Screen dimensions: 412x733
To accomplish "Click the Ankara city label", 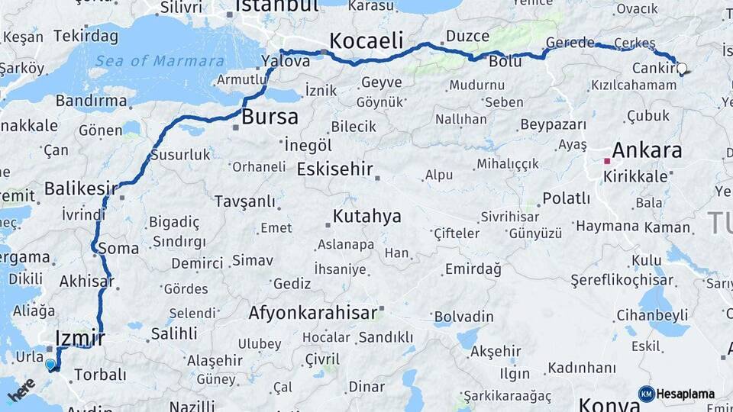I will tap(647, 150).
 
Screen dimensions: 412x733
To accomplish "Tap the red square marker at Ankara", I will tap(607, 161).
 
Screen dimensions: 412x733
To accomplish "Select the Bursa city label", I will tap(270, 117).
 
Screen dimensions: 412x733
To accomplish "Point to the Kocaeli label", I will tap(366, 40).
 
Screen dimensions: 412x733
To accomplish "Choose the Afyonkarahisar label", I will tap(313, 312).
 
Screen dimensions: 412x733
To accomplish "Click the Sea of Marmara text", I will tap(160, 61).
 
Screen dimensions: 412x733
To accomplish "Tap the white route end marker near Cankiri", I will tap(682, 68).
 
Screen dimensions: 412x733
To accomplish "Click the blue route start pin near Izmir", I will tap(50, 364).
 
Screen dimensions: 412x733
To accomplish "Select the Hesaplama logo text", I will tap(686, 394).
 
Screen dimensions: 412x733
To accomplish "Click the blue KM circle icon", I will tap(646, 394).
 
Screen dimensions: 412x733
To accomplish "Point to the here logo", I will tap(21, 389).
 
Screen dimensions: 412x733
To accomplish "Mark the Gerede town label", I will tap(569, 43).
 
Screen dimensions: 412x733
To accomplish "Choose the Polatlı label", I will tap(566, 198).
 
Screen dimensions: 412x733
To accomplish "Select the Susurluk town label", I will tap(181, 154).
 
